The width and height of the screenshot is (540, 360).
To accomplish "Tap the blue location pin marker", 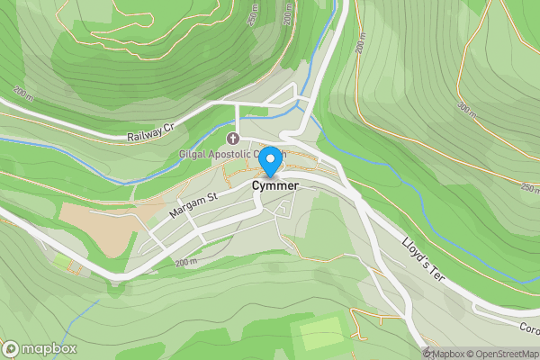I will (268, 159).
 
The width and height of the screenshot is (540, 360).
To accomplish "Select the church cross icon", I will (234, 139).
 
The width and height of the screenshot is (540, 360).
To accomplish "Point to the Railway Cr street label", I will (149, 134).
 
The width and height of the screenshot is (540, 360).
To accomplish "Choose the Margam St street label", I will (194, 207).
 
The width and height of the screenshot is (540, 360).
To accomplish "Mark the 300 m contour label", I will (466, 108).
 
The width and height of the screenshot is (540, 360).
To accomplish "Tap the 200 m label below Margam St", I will (185, 262).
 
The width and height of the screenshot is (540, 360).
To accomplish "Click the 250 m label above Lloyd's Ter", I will (528, 186).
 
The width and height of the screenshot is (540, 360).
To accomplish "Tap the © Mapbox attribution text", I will (447, 353).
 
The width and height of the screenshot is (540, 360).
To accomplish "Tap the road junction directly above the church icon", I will (236, 105).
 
